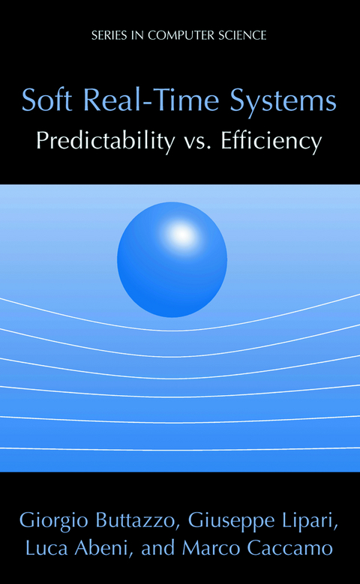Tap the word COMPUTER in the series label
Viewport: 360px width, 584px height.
pos(179,34)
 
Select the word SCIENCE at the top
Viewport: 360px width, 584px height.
pos(240,34)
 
